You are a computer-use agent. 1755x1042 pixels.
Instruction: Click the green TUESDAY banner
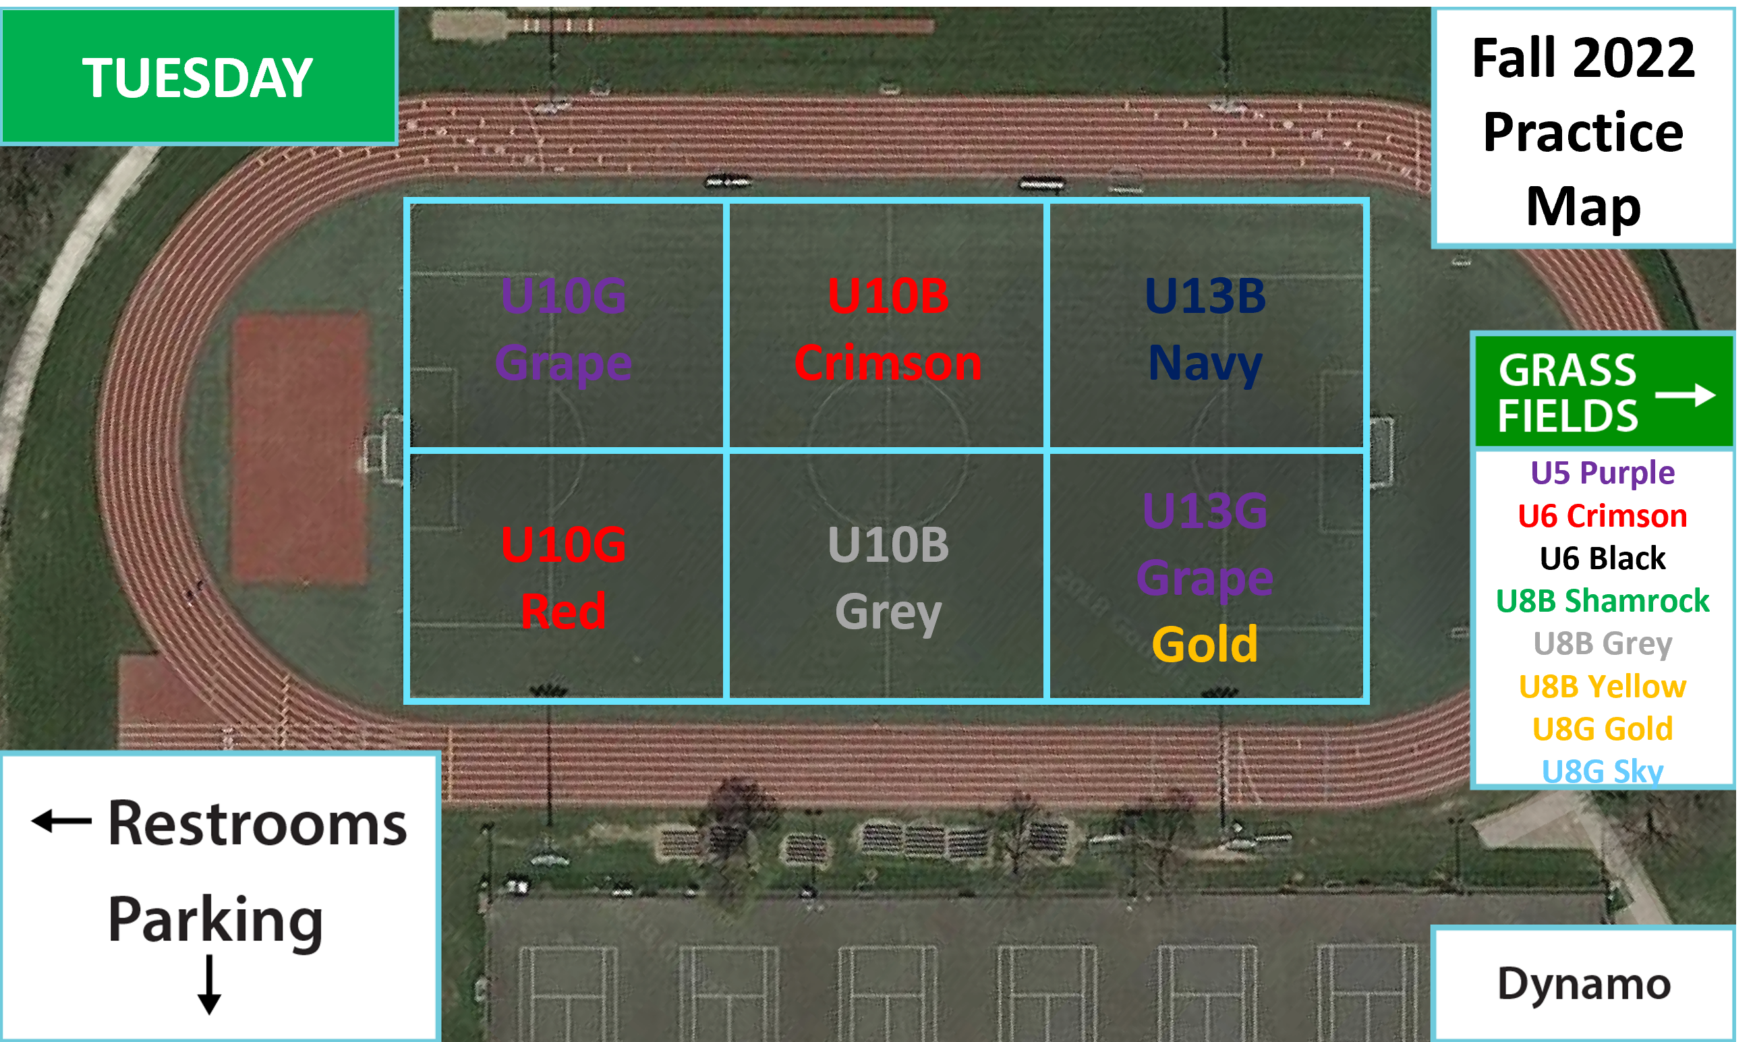[199, 76]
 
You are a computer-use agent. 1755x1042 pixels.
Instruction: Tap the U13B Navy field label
[1205, 328]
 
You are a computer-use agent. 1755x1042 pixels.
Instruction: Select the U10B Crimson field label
[888, 328]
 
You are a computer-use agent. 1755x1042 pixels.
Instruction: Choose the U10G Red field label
[563, 578]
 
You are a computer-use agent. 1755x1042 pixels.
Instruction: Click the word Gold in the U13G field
[1205, 645]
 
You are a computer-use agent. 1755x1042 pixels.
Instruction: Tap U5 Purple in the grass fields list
[1602, 473]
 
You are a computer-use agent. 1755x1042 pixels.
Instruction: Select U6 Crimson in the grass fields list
[1602, 516]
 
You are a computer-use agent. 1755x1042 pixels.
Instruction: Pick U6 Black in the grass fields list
[1602, 559]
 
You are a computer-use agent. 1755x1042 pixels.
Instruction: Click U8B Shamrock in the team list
[1602, 601]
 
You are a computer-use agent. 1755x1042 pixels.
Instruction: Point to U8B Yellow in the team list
[1602, 687]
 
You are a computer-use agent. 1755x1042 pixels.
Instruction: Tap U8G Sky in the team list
[1602, 771]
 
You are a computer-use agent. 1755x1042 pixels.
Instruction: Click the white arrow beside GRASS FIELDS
[1685, 395]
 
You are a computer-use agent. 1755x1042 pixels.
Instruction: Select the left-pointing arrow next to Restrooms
[62, 820]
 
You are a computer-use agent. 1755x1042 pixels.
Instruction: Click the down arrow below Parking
[209, 985]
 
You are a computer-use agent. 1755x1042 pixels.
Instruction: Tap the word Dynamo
[1584, 985]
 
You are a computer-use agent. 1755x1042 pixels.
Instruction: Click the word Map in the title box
[1583, 206]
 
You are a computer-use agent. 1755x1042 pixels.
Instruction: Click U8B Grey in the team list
[1602, 644]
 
